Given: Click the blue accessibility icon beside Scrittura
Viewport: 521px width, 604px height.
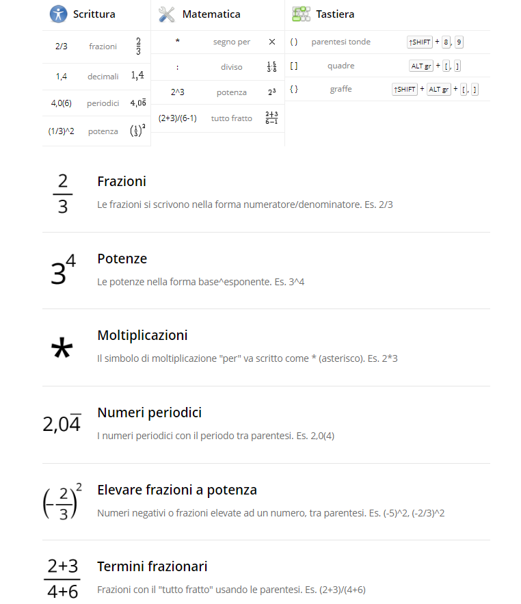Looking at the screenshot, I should (58, 14).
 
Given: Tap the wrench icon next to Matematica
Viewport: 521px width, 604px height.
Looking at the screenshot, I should (167, 14).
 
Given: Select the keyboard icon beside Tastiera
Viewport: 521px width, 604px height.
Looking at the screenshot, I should (301, 14).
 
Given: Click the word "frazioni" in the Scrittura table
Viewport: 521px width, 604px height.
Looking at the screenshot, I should (103, 47).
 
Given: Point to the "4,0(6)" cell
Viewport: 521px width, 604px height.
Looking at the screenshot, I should (62, 103).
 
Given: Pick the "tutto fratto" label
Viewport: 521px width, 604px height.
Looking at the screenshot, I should (231, 118).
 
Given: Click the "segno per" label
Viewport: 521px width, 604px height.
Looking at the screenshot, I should (231, 42).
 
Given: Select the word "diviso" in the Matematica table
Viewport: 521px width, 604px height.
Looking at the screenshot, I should (231, 67).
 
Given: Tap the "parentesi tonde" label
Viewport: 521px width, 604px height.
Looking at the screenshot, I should (340, 42).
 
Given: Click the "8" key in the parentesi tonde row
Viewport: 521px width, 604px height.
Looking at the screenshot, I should (446, 42).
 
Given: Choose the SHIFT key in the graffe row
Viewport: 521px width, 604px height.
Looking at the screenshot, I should (405, 90).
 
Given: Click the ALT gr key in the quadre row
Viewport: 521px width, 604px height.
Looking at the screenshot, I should (420, 66).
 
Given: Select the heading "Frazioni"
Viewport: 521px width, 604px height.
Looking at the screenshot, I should (122, 181).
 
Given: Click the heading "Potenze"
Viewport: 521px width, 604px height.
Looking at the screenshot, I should (122, 259).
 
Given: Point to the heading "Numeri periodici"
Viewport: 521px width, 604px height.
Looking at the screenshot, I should (149, 412).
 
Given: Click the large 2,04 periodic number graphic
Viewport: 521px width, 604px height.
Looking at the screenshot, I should (62, 424).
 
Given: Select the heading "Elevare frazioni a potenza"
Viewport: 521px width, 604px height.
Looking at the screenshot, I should (177, 490).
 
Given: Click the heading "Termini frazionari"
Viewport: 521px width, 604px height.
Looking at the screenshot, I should (152, 566).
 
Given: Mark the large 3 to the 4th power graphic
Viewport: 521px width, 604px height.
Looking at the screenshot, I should (63, 271).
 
